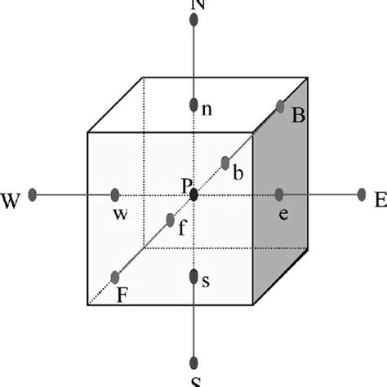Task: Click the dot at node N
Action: [193, 20]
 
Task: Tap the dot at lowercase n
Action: [193, 105]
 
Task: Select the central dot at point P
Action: [193, 194]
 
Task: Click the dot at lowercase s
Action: [193, 278]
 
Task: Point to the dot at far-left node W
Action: [33, 194]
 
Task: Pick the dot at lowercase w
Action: [115, 194]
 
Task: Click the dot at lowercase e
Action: [279, 194]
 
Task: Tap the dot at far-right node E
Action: [362, 194]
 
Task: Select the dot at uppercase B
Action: [280, 106]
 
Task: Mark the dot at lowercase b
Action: [225, 162]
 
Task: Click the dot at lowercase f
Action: [169, 220]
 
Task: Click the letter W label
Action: [12, 198]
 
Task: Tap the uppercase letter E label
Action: [379, 198]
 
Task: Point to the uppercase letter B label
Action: [298, 117]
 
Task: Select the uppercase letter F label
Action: [122, 296]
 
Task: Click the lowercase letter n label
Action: [207, 110]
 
